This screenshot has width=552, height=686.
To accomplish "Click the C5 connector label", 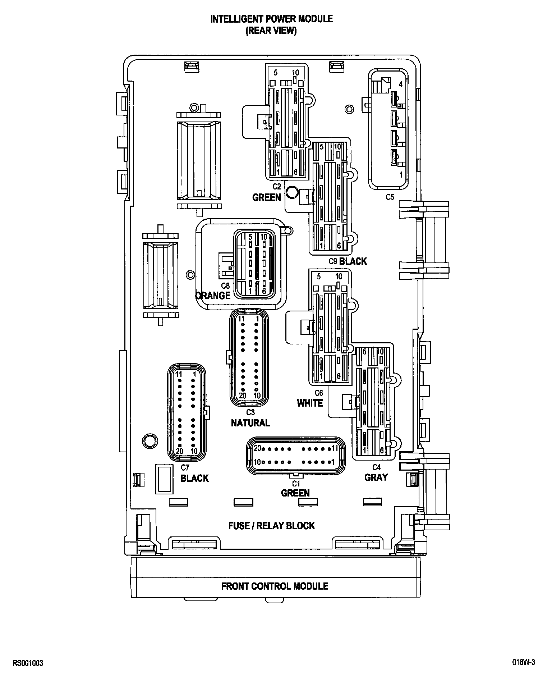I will pos(390,197).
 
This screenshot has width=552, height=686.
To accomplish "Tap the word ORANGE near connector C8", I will pos(213,296).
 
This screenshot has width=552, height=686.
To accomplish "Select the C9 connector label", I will pos(333,261).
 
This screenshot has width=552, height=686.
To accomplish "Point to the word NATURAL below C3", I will pos(250,423).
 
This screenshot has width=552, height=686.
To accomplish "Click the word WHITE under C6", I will pos(310,403).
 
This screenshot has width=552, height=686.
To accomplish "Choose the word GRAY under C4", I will pos(376,477).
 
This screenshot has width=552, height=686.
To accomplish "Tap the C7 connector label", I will pos(185,468).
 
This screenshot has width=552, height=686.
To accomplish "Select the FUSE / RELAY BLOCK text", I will pos(271,526).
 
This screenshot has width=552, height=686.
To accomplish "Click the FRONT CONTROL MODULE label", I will pos(275,586).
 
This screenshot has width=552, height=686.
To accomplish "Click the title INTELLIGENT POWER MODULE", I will pos(271,19).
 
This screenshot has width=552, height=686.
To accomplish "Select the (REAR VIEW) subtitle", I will pos(271,31).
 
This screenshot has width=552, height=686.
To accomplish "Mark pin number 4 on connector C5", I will pos(401,84).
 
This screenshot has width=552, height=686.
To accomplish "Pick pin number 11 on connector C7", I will pos(179,374).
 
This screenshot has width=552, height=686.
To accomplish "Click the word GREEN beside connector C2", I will pos(266,197).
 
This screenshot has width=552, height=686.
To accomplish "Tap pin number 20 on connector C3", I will pos(242,395).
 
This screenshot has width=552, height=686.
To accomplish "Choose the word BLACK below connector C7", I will pos(194,478).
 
